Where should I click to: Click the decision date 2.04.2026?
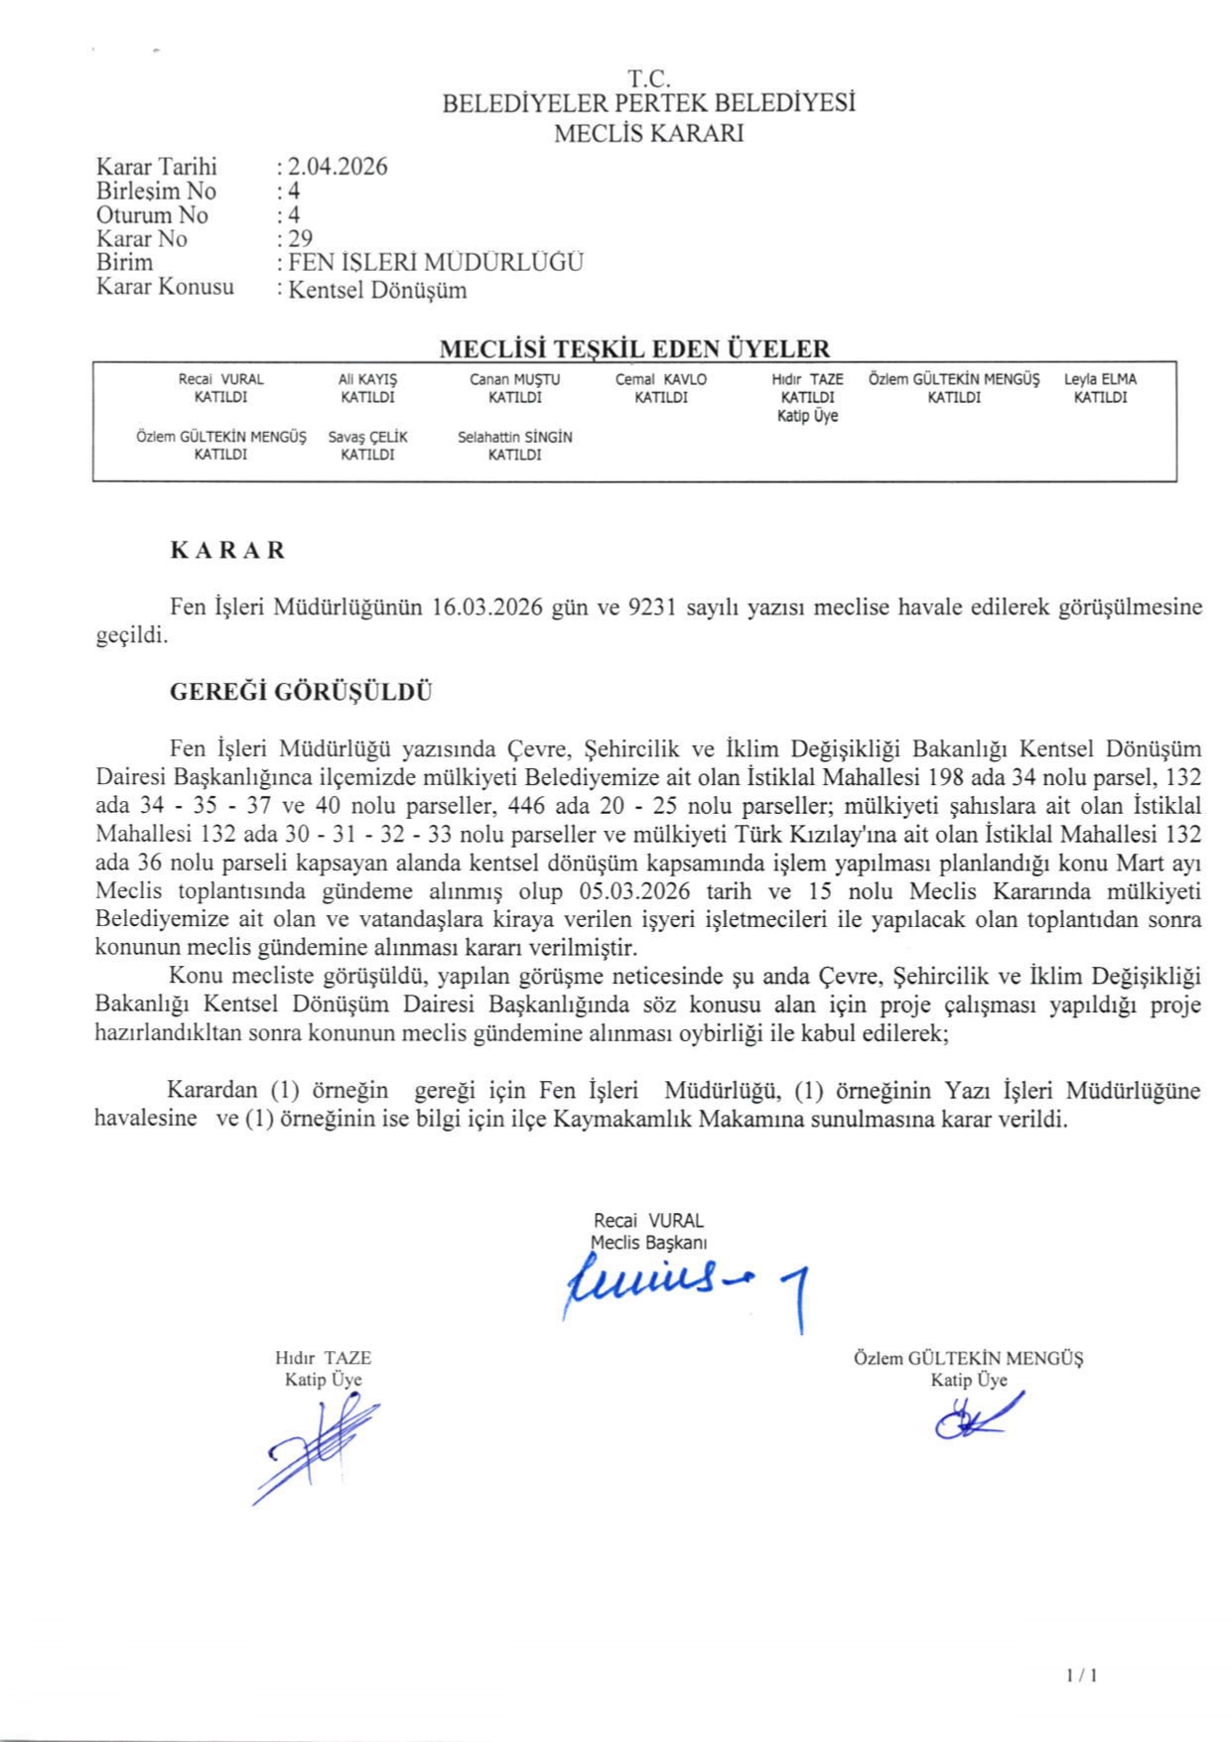338,167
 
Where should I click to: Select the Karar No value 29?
300,238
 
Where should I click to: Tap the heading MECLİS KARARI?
648,133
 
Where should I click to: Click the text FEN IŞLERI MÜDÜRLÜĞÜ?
436,262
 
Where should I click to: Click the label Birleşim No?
156,191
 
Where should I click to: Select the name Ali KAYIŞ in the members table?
367,379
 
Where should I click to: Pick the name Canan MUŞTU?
514,379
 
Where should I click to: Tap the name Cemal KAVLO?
661,379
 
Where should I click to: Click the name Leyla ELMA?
1100,379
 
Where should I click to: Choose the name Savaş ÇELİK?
367,437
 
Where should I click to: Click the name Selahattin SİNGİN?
514,437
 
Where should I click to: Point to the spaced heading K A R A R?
227,550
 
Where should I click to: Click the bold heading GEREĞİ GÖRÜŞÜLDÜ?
301,692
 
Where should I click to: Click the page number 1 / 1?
1081,1675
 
